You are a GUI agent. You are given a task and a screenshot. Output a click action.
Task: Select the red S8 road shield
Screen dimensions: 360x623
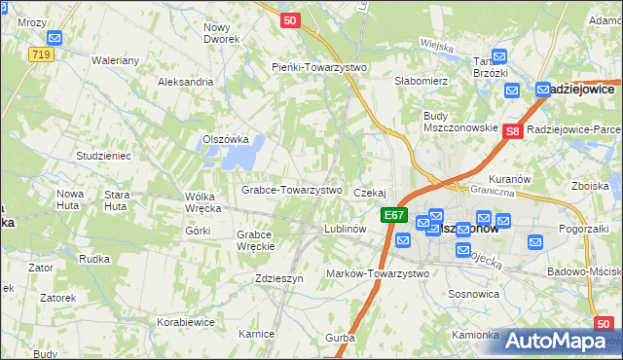point(514,130)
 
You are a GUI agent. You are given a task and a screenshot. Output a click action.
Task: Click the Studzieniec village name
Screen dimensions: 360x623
point(103,156)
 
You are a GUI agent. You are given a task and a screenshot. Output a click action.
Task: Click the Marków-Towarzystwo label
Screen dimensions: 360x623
point(378,273)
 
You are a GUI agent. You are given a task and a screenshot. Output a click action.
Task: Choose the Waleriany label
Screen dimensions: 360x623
point(117,60)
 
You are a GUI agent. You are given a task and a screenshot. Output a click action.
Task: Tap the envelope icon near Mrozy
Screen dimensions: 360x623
point(55,38)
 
